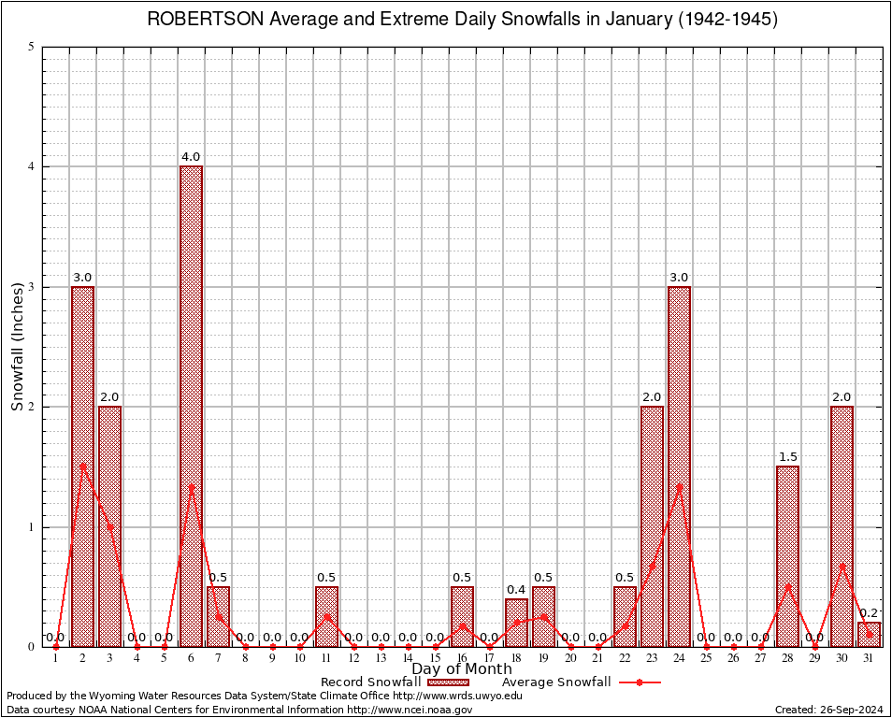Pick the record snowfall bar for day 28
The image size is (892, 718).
pyautogui.click(x=787, y=555)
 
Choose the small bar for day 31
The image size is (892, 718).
pyautogui.click(x=869, y=634)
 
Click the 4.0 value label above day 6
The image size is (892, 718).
pyautogui.click(x=191, y=157)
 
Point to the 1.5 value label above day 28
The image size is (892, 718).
pyautogui.click(x=787, y=457)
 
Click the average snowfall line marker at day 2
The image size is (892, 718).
pyautogui.click(x=82, y=467)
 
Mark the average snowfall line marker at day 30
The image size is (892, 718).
pyautogui.click(x=842, y=565)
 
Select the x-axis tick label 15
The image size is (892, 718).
pyautogui.click(x=435, y=659)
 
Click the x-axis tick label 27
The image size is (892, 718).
pyautogui.click(x=760, y=659)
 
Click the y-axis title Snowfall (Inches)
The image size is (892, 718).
pyautogui.click(x=18, y=347)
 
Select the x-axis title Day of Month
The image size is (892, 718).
pyautogui.click(x=462, y=669)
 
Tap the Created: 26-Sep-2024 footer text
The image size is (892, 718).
pyautogui.click(x=829, y=711)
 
